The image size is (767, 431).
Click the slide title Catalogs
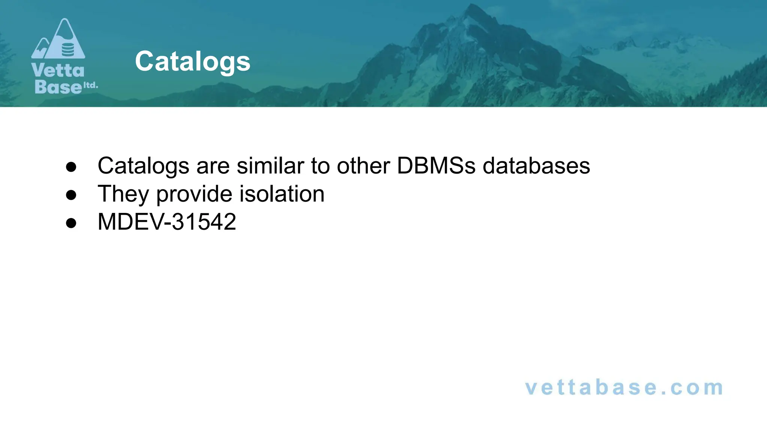click(x=192, y=61)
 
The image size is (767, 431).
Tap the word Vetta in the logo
click(x=58, y=70)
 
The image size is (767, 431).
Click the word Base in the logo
click(x=58, y=87)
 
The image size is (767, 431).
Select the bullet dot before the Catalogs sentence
click(x=71, y=166)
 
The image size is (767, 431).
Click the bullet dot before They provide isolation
click(x=71, y=195)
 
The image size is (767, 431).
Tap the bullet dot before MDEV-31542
click(x=71, y=223)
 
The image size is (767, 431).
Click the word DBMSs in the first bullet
click(x=436, y=165)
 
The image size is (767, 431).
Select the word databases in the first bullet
click(x=536, y=165)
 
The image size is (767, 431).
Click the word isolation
click(x=282, y=194)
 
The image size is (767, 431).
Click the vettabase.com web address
click(x=624, y=388)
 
